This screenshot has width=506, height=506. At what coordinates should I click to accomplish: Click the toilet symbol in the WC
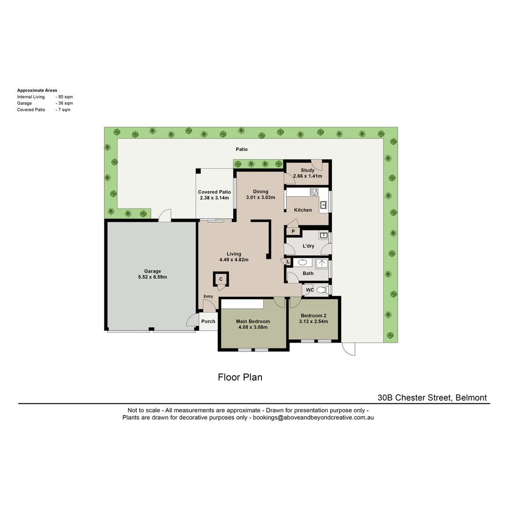coord(321,290)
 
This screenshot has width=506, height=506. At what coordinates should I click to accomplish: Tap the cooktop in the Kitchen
coord(314,192)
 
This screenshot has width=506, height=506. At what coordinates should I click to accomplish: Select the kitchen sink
coord(323,204)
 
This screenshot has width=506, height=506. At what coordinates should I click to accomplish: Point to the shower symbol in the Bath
coord(322,263)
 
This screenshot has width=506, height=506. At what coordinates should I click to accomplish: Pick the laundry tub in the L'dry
coord(323,235)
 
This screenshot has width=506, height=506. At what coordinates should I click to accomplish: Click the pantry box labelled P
coord(293,231)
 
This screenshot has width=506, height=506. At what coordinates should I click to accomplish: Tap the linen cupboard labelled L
coord(288,262)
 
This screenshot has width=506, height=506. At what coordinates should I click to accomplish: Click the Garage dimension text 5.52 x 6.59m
coord(152,277)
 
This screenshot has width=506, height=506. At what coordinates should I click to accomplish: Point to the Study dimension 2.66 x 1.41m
coord(307,176)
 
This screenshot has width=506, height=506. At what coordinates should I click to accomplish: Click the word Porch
coord(208,321)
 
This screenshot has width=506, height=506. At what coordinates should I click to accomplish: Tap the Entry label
coord(208,296)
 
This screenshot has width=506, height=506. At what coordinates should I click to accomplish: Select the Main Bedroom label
coord(253,321)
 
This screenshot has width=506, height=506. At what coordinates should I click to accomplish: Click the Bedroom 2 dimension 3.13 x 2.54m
coord(314,321)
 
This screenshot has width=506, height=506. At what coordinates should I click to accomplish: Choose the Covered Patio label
coord(214,192)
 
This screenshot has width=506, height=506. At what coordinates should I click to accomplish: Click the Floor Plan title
coord(240,377)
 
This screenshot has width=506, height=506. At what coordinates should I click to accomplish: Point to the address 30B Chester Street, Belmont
coord(432,398)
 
